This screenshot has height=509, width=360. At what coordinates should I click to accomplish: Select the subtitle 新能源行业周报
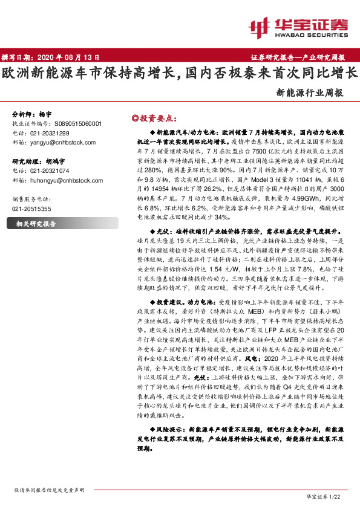310,94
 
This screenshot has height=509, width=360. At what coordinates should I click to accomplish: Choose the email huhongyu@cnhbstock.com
60,180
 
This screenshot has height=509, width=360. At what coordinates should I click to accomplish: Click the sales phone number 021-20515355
31,209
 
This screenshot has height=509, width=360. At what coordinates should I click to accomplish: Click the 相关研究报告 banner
36,224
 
